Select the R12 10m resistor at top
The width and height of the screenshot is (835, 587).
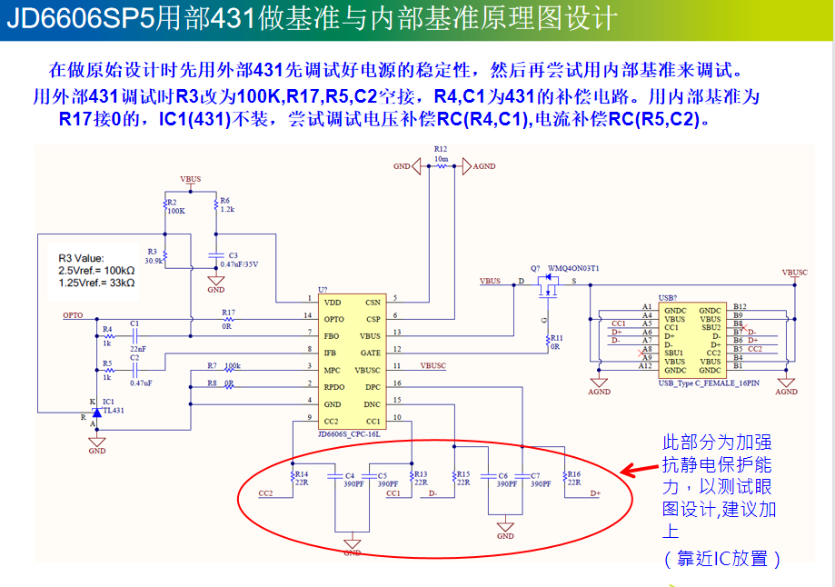pos(441,167)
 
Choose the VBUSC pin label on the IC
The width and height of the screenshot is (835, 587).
pos(367,369)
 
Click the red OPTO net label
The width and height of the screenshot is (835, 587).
pos(73,315)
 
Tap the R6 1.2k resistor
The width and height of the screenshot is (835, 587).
pos(217,206)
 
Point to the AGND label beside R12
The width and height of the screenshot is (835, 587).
pos(484,166)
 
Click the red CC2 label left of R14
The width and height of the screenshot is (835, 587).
pos(265,493)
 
